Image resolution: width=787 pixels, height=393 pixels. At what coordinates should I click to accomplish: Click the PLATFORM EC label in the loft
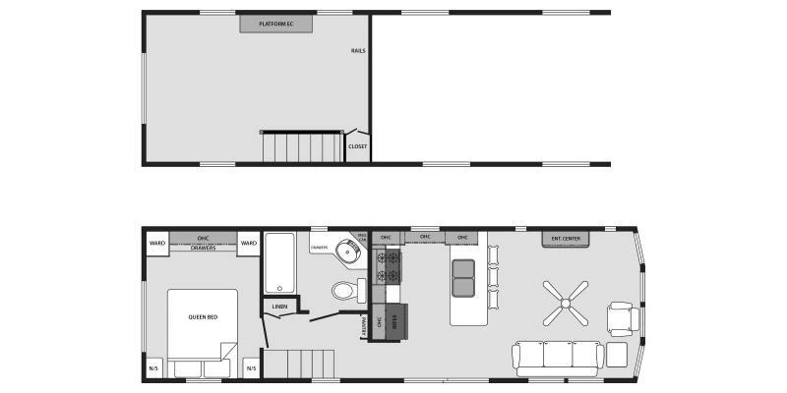[276, 23]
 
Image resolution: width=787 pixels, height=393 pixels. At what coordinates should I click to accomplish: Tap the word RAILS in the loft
[359, 51]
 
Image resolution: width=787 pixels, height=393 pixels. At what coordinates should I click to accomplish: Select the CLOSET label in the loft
[357, 146]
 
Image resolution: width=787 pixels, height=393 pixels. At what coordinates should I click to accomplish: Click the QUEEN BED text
[202, 317]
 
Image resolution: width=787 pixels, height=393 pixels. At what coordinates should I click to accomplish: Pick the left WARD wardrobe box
[156, 243]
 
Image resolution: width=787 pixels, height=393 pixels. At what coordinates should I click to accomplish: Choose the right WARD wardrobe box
[249, 243]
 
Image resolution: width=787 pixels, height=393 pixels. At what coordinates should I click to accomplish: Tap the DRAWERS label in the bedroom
[203, 248]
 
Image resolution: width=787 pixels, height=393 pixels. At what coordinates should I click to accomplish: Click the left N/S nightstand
[154, 369]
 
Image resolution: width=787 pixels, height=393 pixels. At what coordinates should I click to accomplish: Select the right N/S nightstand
[251, 369]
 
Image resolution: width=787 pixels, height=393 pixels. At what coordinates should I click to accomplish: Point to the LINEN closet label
[279, 308]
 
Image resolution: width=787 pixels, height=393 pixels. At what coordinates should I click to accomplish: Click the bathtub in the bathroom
[281, 262]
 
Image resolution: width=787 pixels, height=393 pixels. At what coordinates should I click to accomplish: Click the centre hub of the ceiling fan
[565, 303]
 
